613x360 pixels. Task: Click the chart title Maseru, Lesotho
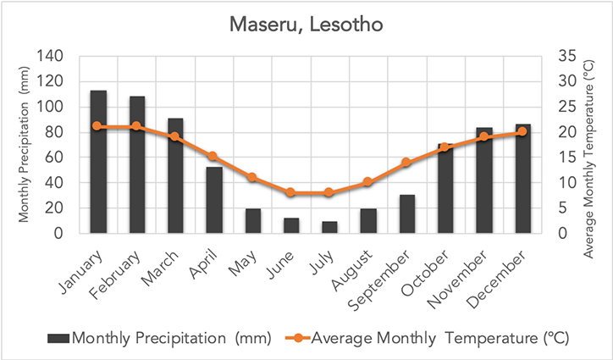(x=306, y=25)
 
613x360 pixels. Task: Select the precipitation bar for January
(x=98, y=162)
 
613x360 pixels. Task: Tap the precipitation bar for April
(x=214, y=200)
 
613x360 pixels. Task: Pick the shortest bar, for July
(x=329, y=227)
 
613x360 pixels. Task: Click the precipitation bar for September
(x=406, y=214)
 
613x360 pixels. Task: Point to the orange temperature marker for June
(x=291, y=192)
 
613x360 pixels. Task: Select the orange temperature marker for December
(x=522, y=131)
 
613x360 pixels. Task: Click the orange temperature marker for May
(x=252, y=177)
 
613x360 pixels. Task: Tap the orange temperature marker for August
(x=368, y=182)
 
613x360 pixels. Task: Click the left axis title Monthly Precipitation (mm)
(x=24, y=146)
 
